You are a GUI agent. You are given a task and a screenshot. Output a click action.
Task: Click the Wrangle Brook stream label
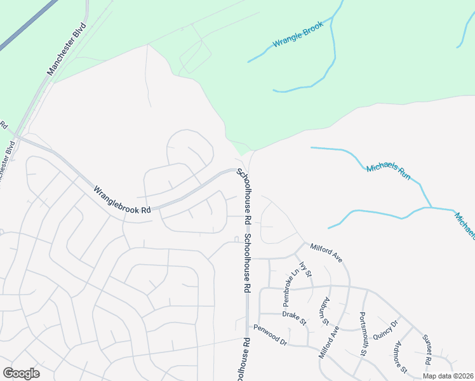pos(298,36)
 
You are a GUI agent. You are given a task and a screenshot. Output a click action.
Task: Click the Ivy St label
pos(308,269)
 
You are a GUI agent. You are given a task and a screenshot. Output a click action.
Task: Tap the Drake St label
pos(295,317)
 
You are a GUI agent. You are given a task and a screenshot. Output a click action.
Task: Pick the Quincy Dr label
pos(385,331)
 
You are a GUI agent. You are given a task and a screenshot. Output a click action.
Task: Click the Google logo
pos(21,373)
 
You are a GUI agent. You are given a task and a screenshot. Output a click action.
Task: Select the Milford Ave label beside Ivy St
pos(326,252)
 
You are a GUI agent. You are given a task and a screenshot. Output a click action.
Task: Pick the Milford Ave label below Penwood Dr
pos(329,344)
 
